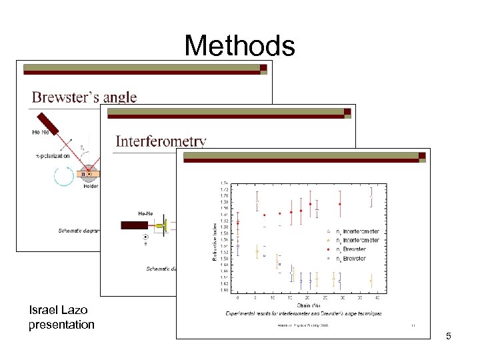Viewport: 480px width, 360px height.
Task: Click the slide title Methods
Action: (x=239, y=46)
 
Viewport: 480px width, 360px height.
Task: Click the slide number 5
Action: (x=449, y=336)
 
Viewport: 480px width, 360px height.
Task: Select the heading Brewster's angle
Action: (x=84, y=97)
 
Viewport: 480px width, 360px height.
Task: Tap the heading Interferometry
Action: (x=161, y=141)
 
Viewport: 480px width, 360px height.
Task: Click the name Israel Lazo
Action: (x=58, y=310)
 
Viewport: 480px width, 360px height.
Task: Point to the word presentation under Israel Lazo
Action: (x=61, y=325)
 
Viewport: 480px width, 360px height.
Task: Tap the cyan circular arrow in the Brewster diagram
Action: (x=65, y=176)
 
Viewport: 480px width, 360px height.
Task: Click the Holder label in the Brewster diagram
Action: (x=90, y=187)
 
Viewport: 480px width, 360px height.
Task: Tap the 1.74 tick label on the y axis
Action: (x=225, y=183)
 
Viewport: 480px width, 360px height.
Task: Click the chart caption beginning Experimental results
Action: (x=303, y=312)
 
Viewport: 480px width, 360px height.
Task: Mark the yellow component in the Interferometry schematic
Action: (x=159, y=226)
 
